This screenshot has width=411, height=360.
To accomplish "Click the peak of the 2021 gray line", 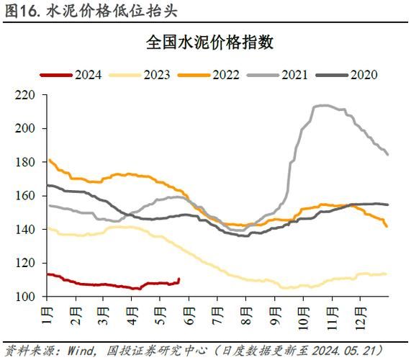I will pos(322,105).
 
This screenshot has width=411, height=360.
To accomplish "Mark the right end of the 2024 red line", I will pos(179,279).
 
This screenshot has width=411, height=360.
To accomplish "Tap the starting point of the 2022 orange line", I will pos(48,160).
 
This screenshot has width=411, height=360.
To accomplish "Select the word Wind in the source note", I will pos(78,349).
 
